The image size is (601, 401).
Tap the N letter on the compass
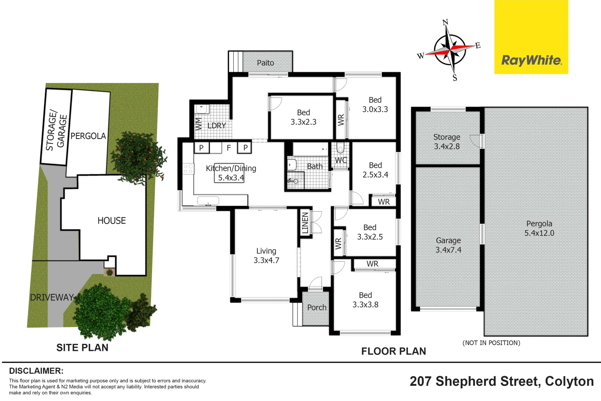point(445,22)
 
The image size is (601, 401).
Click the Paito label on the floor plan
point(265,63)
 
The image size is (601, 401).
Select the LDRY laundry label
point(217,125)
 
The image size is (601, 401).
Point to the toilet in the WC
point(340,149)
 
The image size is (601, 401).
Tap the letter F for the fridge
point(229,148)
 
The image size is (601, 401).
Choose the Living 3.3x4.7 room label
point(266,256)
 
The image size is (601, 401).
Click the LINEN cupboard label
point(305,223)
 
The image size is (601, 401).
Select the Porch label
point(317,307)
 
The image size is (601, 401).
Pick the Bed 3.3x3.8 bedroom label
point(365,300)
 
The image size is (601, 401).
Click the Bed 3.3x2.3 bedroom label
point(303,117)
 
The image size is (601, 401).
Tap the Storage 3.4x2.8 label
point(447,142)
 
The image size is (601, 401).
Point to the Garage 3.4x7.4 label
point(448,245)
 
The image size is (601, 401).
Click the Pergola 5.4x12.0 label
point(539,228)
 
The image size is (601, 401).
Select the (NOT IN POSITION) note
point(491,343)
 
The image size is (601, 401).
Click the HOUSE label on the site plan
point(112,221)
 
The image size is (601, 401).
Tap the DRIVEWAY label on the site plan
point(52,297)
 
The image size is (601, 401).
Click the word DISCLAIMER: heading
point(36,371)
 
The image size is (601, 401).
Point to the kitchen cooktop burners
point(188,169)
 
